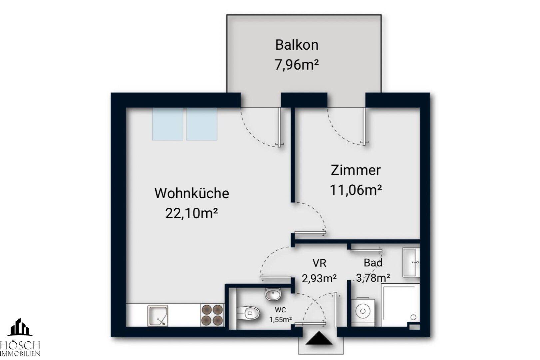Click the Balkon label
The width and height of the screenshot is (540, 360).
coord(296,45)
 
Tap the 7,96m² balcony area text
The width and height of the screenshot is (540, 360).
coord(296,64)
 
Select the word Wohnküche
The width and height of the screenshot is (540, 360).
coord(192,193)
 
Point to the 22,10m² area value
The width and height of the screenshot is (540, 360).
coord(192,213)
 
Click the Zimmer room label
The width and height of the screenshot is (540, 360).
coord(355,170)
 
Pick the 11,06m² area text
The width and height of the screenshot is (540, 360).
coord(355,190)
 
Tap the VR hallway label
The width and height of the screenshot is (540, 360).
coord(319,263)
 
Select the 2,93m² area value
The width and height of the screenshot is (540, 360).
coord(319,278)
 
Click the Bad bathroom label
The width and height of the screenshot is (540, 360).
coord(373,263)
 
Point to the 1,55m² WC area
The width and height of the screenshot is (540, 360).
coord(280,320)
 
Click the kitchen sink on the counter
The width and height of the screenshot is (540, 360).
coord(158,316)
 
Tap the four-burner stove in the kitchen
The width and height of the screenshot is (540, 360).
coord(212,315)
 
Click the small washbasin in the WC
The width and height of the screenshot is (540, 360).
coord(273,294)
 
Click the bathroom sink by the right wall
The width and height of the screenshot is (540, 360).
coord(411,262)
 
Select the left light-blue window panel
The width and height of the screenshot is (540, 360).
coord(168,124)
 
